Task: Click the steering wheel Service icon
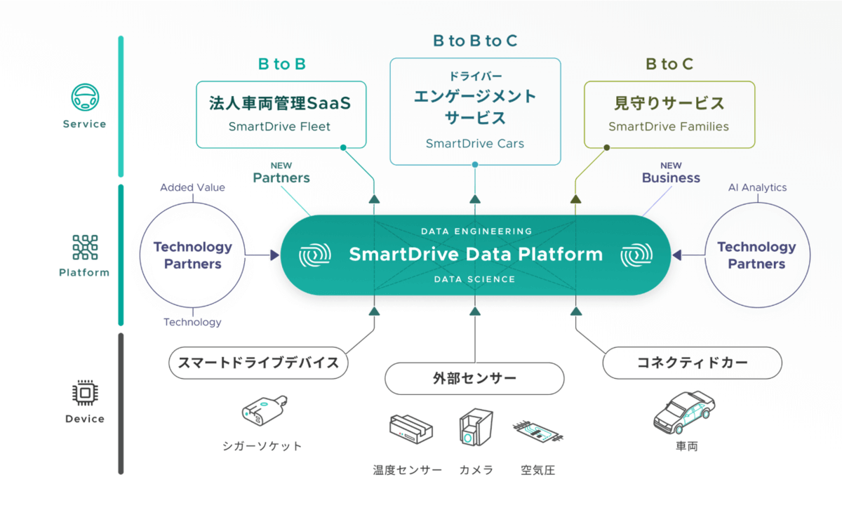coord(85,98)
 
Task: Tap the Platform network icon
coord(85,247)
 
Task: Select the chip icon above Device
coord(85,394)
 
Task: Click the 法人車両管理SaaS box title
coord(280,104)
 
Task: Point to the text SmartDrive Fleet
coord(279,127)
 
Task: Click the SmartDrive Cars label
coord(475,144)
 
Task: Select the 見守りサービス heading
coord(669,104)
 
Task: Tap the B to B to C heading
coord(475,41)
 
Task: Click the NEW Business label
coord(671,177)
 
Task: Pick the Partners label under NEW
coord(281,177)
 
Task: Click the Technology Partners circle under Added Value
coord(192,255)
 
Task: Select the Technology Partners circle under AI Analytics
coord(756,255)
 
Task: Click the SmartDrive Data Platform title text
coord(476,254)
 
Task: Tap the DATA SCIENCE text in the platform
coord(474,279)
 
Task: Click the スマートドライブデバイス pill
coord(259,363)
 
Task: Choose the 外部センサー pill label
coord(474,379)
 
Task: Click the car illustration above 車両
coord(683,412)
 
